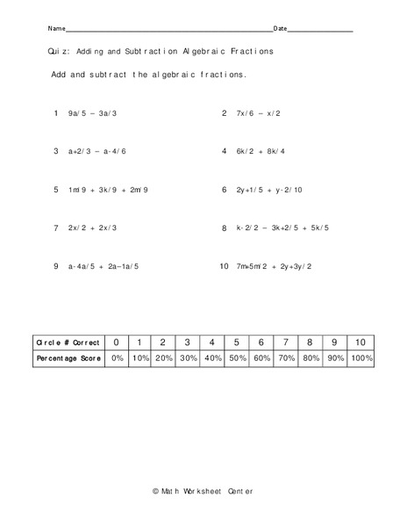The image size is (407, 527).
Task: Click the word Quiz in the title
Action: pyautogui.click(x=59, y=52)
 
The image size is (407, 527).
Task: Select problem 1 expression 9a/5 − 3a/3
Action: pyautogui.click(x=92, y=113)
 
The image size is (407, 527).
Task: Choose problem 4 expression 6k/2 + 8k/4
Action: pyautogui.click(x=261, y=151)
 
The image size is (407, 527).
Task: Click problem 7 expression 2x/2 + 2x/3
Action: pyautogui.click(x=92, y=227)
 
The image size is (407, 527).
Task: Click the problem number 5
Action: pyautogui.click(x=55, y=189)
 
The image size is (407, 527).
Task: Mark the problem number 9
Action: pyautogui.click(x=55, y=265)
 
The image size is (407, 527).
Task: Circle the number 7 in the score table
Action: pyautogui.click(x=285, y=342)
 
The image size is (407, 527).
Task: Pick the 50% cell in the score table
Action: pyautogui.click(x=236, y=358)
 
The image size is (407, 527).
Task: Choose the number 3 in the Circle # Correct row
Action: pyautogui.click(x=186, y=342)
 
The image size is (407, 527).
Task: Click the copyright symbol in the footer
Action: pyautogui.click(x=155, y=489)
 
